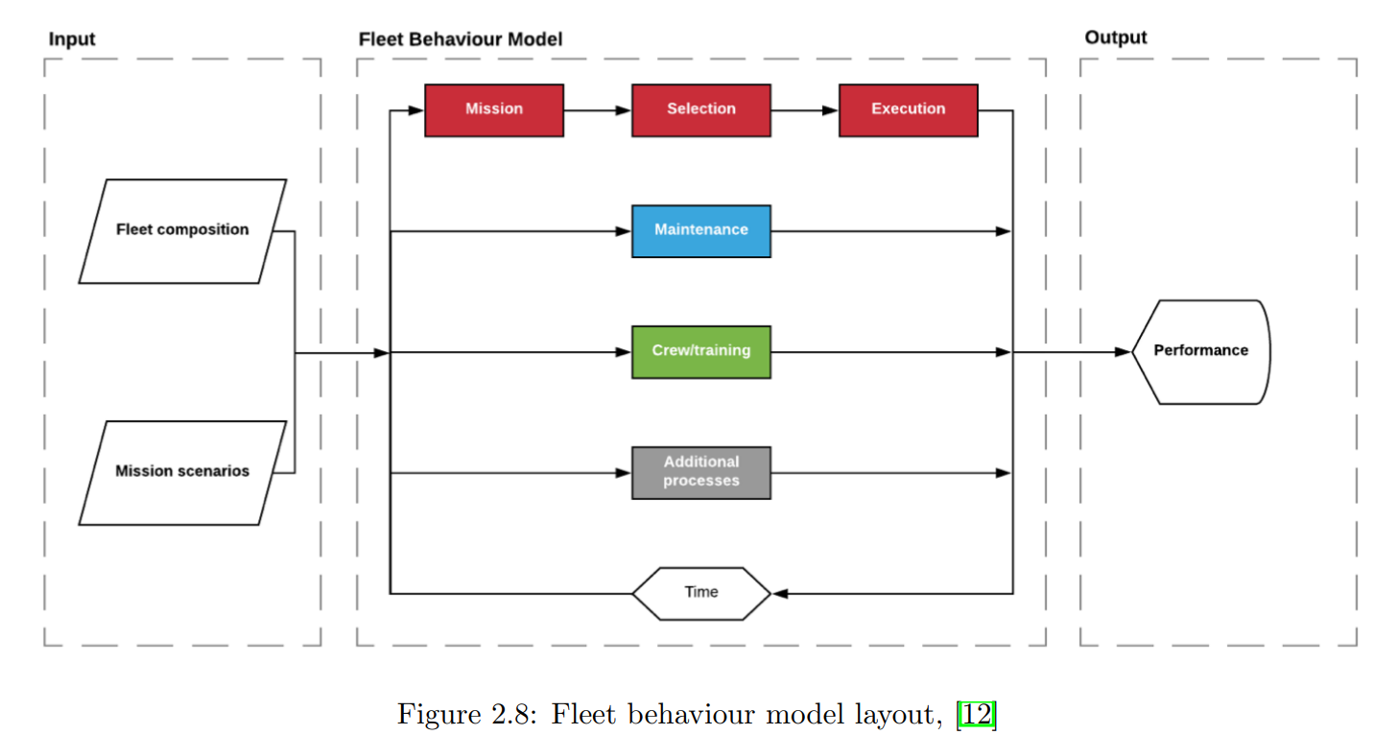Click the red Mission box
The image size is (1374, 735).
click(494, 110)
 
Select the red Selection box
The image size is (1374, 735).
click(701, 110)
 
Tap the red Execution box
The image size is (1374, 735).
click(909, 110)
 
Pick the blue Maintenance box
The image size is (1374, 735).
click(701, 231)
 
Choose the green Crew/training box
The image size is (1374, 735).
click(701, 352)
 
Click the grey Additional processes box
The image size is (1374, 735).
click(701, 473)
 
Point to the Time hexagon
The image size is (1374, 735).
click(701, 593)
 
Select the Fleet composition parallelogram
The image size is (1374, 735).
click(182, 231)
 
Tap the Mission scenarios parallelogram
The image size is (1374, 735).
click(182, 472)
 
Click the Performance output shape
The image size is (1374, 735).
click(1201, 352)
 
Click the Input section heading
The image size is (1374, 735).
click(72, 39)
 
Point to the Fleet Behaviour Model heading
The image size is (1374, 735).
click(460, 39)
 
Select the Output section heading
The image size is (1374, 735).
click(1115, 38)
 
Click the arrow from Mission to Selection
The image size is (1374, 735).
click(598, 110)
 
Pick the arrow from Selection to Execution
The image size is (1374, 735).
click(805, 110)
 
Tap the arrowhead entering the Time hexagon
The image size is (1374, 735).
click(780, 593)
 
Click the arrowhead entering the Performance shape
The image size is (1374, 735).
click(1124, 352)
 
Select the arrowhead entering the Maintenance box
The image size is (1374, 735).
click(624, 231)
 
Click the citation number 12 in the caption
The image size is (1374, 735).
click(977, 715)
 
